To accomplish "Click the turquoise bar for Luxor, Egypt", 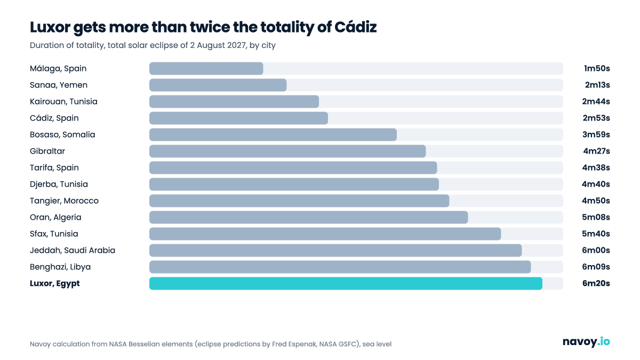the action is pos(346,283).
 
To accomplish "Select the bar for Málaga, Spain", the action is pos(206,69).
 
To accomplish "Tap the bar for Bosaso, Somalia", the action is pos(273,134).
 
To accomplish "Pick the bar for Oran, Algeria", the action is pos(309,217).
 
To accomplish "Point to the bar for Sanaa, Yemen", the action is pos(218,85).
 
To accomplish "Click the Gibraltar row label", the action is pos(47,151).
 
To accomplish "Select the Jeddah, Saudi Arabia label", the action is pos(73,250).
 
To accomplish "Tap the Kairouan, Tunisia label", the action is pos(63,101).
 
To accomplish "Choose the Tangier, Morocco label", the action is pos(64,201).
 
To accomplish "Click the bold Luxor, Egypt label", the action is pos(54,283).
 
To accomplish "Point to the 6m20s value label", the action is pos(596,283).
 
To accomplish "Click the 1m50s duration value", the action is pos(597,69).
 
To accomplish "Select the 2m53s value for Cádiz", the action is pos(596,118).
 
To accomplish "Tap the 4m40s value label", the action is pos(596,185).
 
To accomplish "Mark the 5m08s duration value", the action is pos(596,217).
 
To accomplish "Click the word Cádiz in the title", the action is pos(355,27).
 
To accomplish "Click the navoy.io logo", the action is pos(586,341).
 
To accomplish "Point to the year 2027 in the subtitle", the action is pos(237,45).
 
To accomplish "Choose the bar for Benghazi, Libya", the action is pos(340,267).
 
